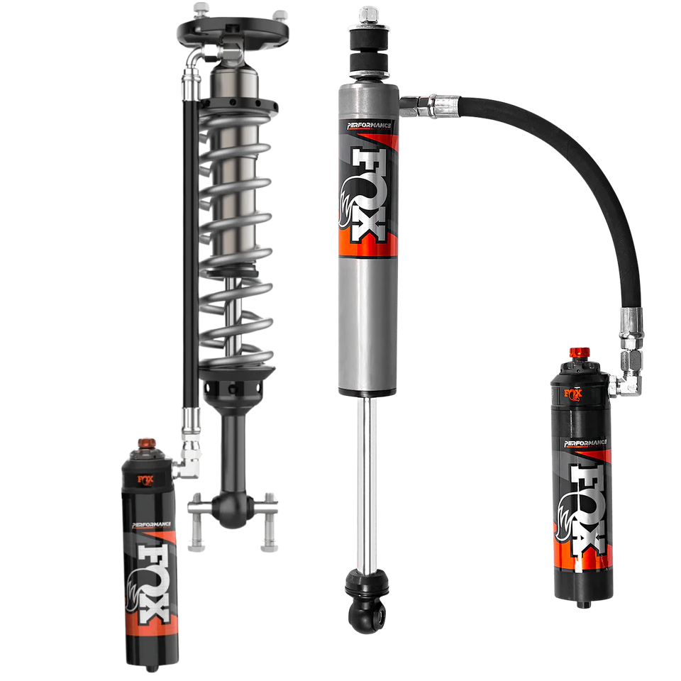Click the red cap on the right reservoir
pos(580,353)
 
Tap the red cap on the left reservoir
pos(147,444)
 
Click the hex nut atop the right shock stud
pos(369,14)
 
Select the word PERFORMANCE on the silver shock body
pos(369,126)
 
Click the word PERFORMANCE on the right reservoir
pos(585,443)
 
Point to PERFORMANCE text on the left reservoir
pos(152,525)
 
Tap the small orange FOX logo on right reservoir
pos(573,394)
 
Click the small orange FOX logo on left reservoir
pos(145,480)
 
